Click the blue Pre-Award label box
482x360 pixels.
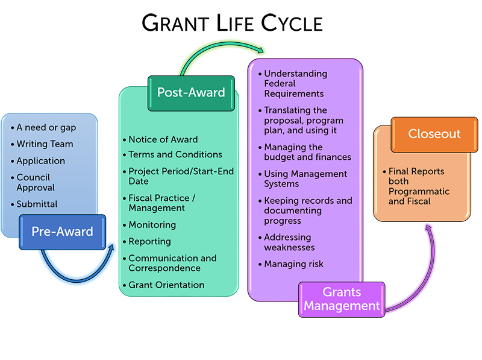click(62, 232)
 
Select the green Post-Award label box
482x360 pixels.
click(190, 93)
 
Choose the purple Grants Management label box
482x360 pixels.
click(342, 299)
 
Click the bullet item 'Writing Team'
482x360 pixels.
click(45, 144)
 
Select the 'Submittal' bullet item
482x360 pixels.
click(37, 204)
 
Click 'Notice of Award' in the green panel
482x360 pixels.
click(163, 139)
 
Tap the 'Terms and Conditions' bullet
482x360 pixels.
click(175, 154)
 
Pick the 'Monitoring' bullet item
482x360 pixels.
click(152, 225)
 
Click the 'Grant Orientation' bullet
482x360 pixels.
click(166, 285)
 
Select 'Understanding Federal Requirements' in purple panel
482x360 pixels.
click(295, 83)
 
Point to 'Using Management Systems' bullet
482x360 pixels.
click(305, 178)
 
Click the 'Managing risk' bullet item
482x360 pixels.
click(293, 264)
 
